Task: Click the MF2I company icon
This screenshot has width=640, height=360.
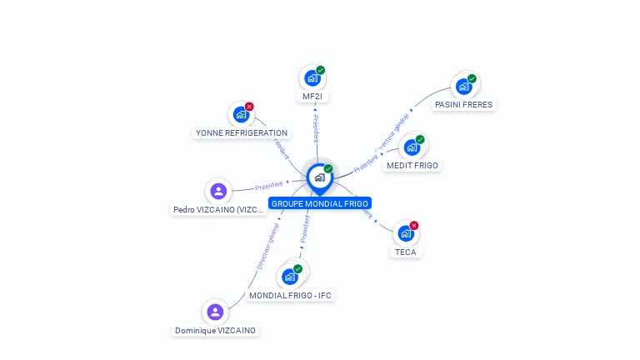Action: coord(312,78)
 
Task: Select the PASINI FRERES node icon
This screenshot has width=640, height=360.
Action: coord(464,86)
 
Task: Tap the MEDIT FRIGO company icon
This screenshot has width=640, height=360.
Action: coord(412,147)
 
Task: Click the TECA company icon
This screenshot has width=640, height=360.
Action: coord(406,233)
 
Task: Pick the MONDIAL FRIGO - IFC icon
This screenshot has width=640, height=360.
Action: coord(291,276)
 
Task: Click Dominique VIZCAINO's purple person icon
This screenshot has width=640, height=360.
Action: coord(215,312)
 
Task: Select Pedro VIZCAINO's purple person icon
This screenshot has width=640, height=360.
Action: coord(218,192)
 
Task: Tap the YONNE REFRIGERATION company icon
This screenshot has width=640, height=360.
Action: coord(242,114)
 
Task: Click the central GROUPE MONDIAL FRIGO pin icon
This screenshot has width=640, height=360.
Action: coord(319,177)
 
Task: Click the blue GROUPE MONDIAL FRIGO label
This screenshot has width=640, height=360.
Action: coord(319,203)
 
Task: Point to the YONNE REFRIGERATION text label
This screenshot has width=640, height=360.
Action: coord(241,132)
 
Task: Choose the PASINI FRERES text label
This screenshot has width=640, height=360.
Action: coord(463,105)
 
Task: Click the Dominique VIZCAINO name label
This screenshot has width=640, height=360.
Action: coord(215,331)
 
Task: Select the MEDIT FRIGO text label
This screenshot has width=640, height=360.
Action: coord(412,166)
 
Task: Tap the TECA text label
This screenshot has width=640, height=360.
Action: coord(406,252)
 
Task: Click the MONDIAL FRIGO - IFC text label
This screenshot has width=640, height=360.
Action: coord(291,295)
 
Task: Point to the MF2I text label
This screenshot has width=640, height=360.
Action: coord(312,97)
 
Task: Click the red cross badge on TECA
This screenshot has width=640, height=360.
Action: coord(414,225)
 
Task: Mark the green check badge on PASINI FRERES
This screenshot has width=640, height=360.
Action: coord(472,78)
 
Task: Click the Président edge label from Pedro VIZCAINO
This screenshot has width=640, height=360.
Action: coord(269,185)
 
